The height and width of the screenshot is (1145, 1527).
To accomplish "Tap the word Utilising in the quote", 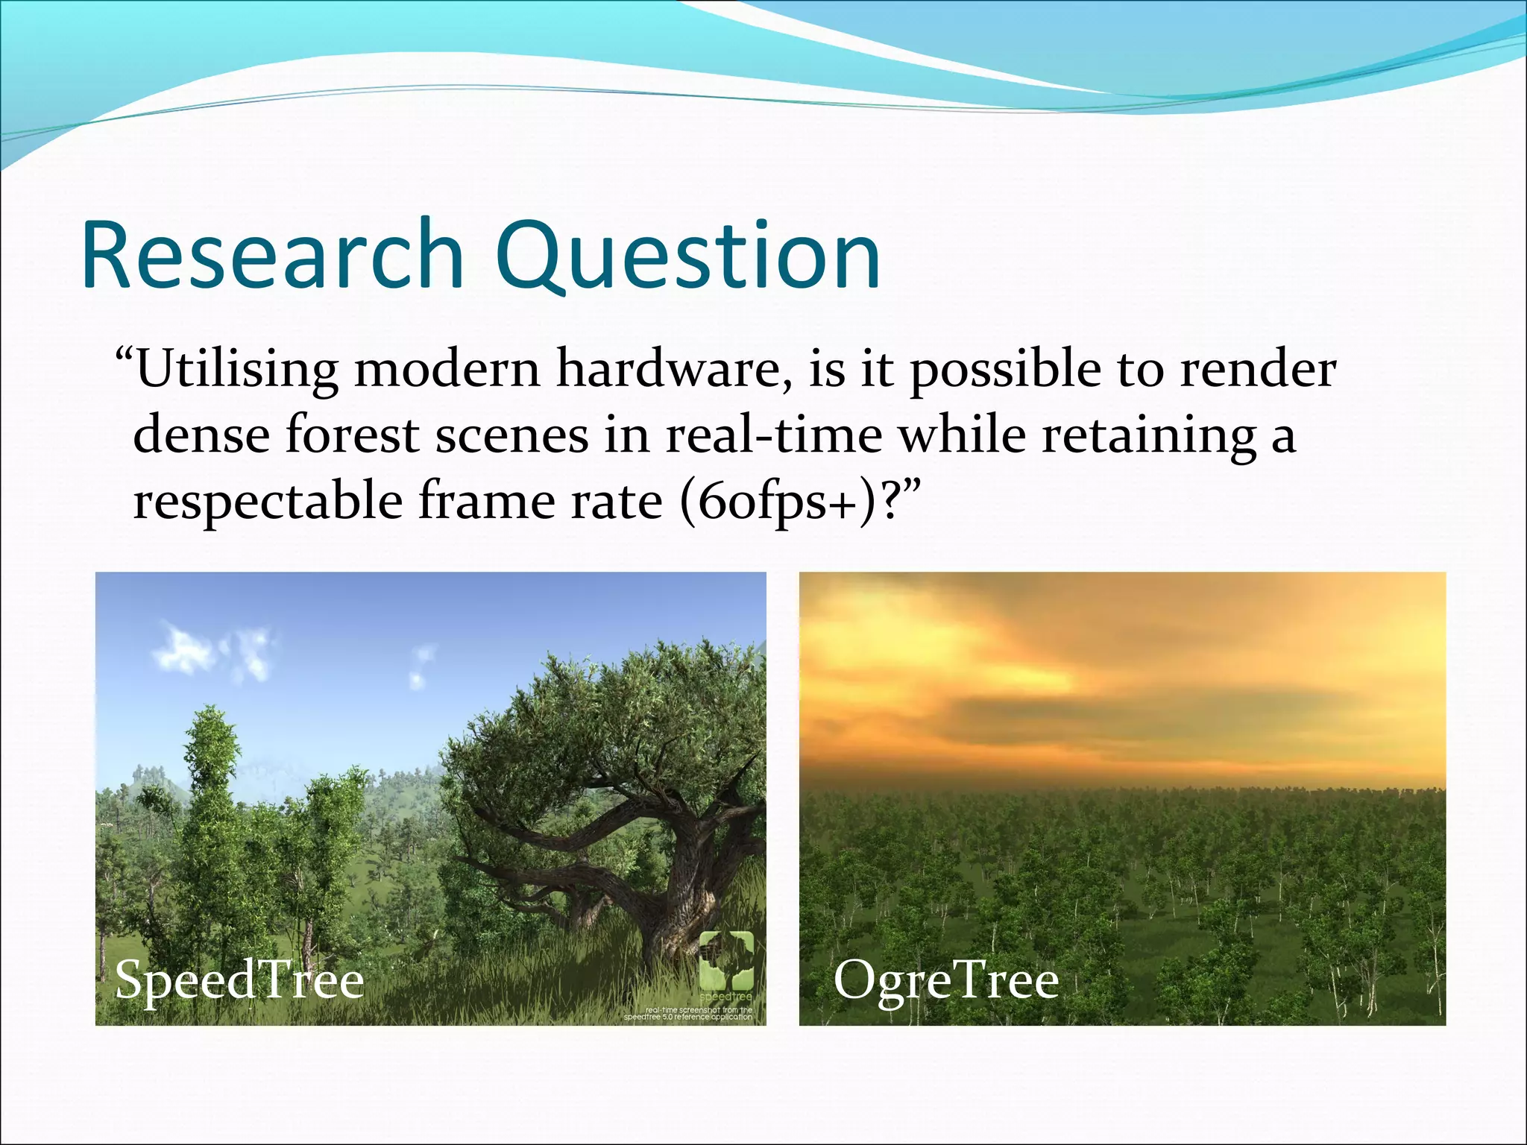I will pyautogui.click(x=236, y=370).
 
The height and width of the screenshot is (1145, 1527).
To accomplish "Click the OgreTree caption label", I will pyautogui.click(x=945, y=980).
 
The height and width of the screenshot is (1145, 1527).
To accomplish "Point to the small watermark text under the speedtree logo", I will pyautogui.click(x=688, y=1013).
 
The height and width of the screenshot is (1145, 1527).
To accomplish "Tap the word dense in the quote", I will pyautogui.click(x=201, y=435).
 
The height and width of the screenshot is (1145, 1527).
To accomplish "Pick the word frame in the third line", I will pyautogui.click(x=485, y=501).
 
